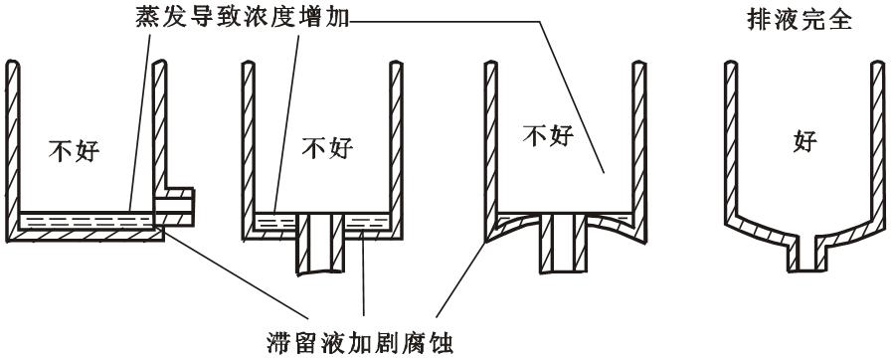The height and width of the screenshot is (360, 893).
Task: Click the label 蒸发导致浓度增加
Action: pos(244,18)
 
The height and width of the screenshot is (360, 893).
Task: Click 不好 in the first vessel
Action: pos(74,150)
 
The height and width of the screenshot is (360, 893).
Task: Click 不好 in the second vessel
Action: pos(327,146)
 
